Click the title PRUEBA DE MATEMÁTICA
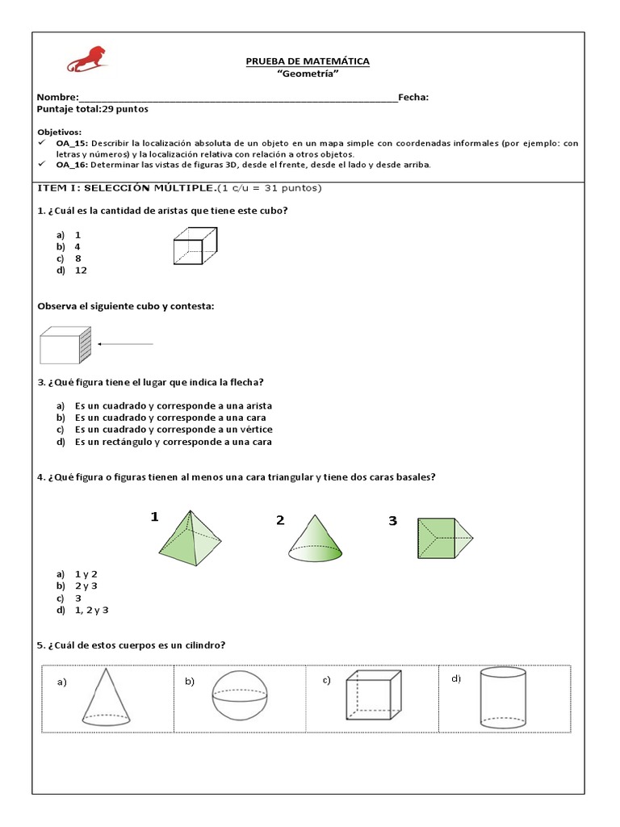click(x=308, y=62)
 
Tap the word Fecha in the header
click(x=413, y=97)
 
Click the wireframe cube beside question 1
click(x=195, y=246)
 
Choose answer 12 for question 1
click(x=81, y=271)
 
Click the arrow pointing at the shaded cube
click(x=126, y=344)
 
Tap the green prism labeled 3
click(x=443, y=538)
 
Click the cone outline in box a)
click(x=107, y=696)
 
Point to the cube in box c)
click(x=373, y=697)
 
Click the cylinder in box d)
click(x=504, y=697)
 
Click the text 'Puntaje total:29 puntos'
click(x=93, y=109)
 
